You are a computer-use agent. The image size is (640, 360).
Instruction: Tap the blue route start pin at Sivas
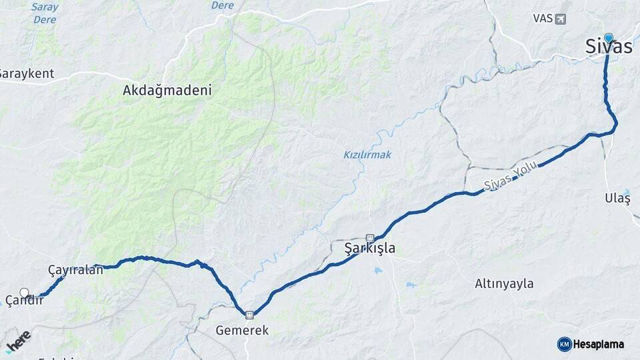pos(608,38)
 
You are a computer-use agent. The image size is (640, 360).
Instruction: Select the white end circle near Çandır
pos(25,293)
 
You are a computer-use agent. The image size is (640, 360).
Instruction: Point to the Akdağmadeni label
pos(167,91)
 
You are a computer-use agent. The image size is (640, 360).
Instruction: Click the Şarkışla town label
pos(369,249)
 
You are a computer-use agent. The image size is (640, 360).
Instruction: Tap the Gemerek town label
pos(242,330)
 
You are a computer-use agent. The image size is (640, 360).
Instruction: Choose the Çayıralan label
pos(75,270)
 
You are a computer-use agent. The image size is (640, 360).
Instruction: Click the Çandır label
pos(24,301)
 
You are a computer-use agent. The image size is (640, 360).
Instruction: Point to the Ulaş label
pos(617,198)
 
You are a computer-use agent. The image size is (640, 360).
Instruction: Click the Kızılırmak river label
pos(367,155)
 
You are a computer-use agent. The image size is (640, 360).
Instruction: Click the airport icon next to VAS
pos(559,19)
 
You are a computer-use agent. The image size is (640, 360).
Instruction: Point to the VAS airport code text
pos(543,19)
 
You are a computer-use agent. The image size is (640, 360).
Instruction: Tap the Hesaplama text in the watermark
pos(599,344)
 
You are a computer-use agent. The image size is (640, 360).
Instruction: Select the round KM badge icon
pos(564,344)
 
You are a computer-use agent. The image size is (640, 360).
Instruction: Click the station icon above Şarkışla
pos(370,237)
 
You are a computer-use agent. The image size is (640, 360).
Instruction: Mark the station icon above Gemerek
pos(249,315)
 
